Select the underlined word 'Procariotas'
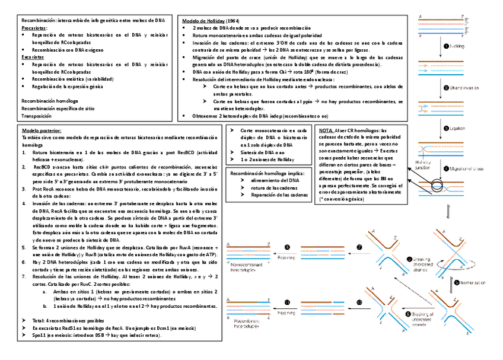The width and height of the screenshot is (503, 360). pyautogui.click(x=34, y=28)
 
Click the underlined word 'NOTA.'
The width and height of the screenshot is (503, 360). pyautogui.click(x=326, y=130)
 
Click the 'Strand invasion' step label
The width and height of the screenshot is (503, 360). pyautogui.click(x=464, y=88)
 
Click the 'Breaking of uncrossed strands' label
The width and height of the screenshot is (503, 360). pyautogui.click(x=422, y=316)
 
